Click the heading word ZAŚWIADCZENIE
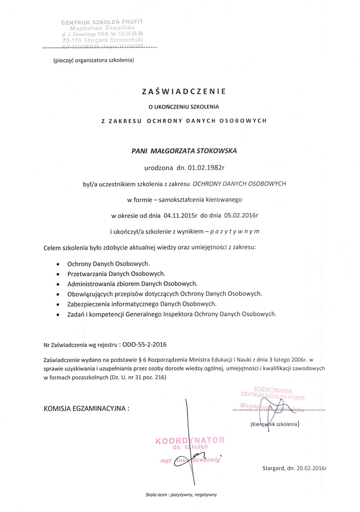tap(183, 91)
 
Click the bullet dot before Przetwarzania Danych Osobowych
tap(57, 274)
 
